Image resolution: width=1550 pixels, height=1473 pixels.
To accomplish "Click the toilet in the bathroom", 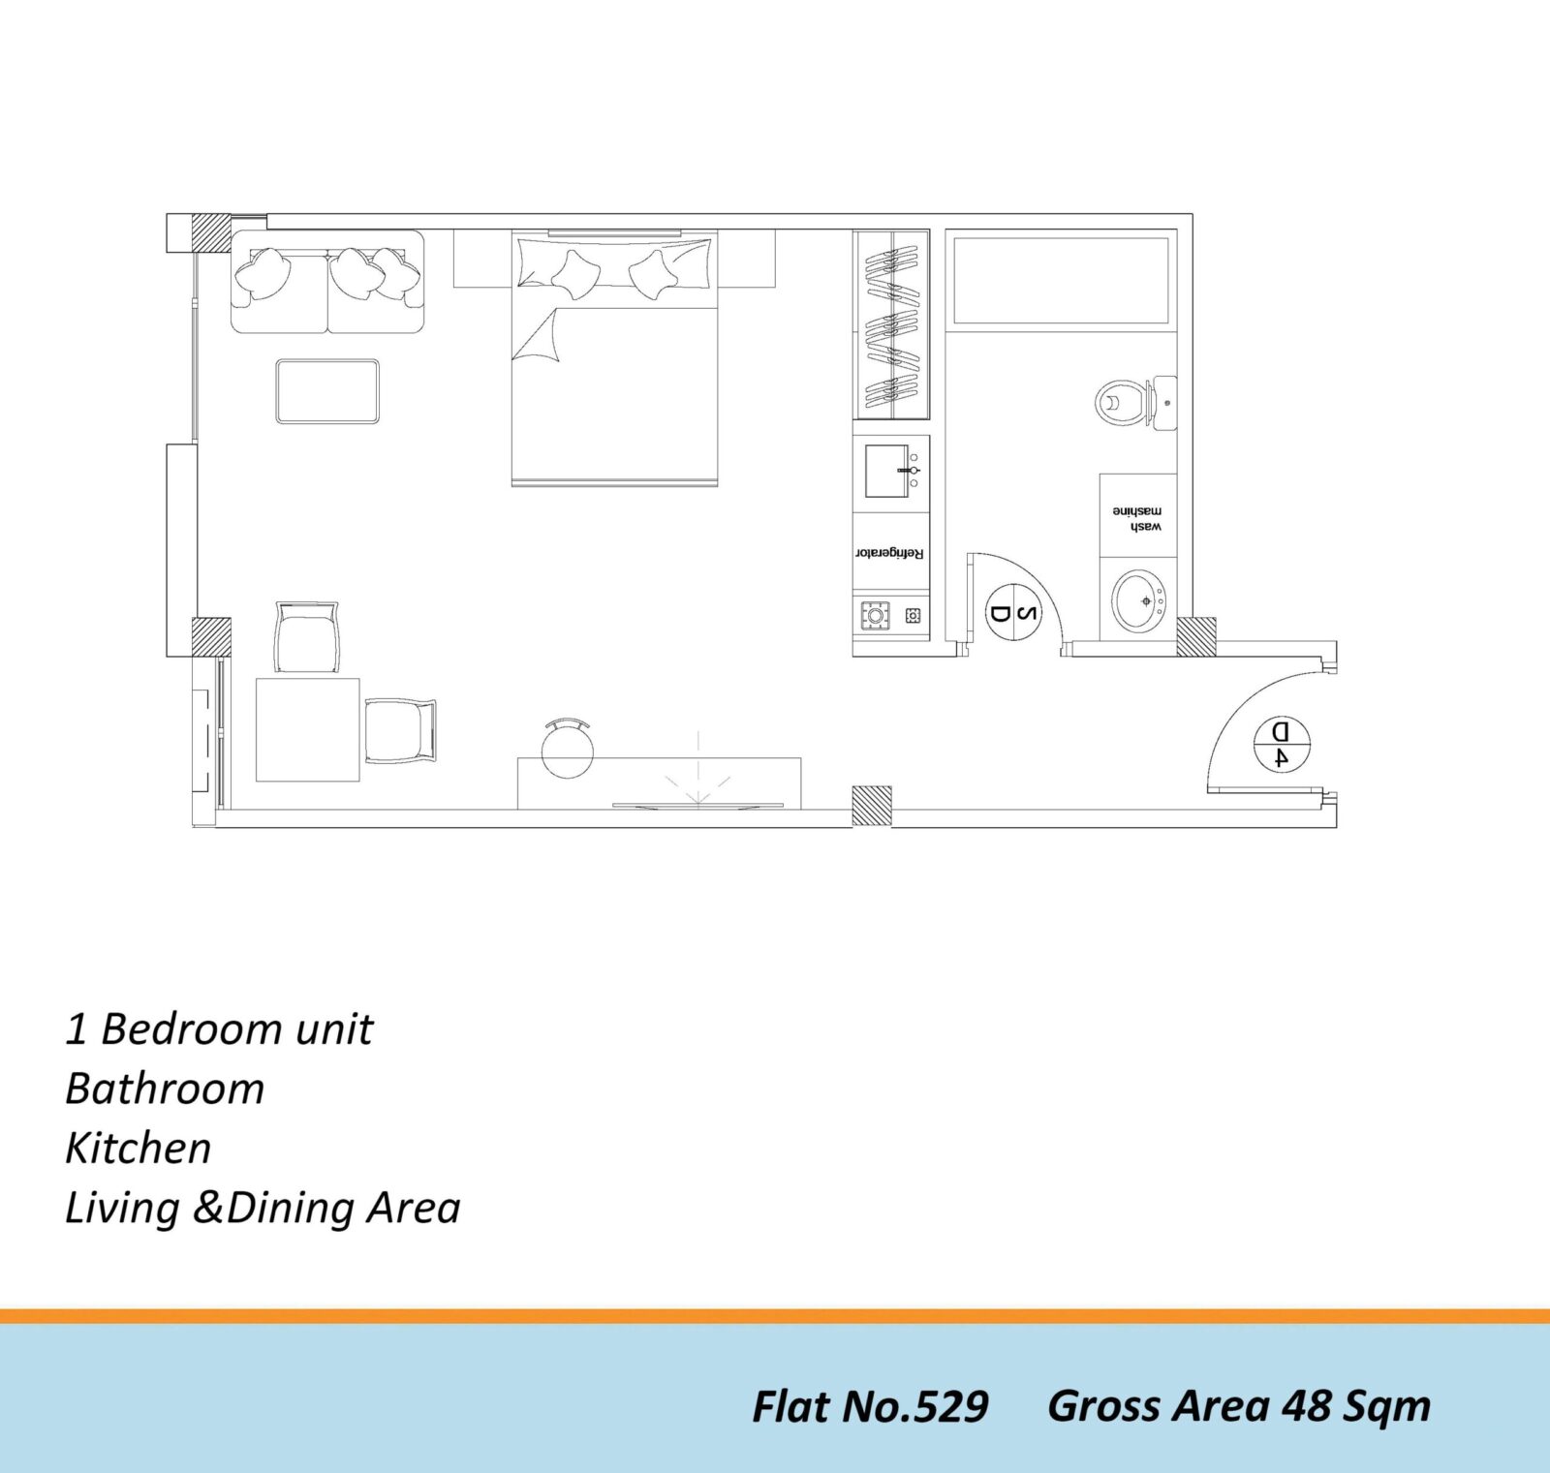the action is tap(1133, 401).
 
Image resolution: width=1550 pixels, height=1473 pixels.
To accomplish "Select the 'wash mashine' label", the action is tap(1137, 518).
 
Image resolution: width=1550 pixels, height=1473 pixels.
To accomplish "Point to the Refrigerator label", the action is tap(889, 553).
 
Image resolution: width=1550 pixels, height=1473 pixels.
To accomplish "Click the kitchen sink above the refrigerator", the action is tap(890, 472).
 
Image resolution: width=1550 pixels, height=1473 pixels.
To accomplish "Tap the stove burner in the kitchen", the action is tap(875, 615).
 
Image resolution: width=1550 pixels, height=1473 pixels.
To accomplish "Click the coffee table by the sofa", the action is tap(327, 391).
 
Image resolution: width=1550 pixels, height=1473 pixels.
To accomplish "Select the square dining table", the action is tap(308, 729).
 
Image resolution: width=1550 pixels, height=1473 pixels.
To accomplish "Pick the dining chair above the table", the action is tap(308, 636).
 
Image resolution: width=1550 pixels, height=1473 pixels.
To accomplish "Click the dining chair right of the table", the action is tap(400, 730).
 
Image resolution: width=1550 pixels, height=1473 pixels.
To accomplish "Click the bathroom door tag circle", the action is tap(1013, 613).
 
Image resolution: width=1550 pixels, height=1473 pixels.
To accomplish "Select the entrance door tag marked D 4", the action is tap(1281, 744).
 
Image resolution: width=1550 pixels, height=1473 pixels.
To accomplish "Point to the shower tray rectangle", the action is tap(1061, 281).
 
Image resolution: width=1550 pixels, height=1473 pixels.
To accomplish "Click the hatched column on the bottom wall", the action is tap(871, 806).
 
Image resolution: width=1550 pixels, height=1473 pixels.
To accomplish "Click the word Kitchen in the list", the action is tap(138, 1148).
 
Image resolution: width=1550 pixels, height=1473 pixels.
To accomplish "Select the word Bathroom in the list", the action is tap(165, 1089).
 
